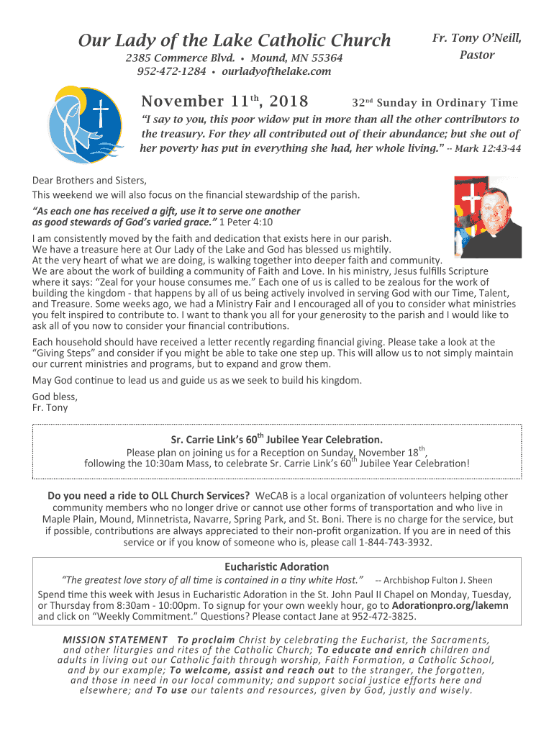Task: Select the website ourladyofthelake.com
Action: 276,71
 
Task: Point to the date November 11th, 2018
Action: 224,101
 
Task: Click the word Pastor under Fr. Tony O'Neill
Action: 476,55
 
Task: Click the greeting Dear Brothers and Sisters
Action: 90,181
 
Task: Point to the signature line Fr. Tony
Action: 50,407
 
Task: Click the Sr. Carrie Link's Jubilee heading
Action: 276,438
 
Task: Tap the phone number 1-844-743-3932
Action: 396,542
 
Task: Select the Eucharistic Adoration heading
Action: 277,566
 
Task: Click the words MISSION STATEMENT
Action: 115,640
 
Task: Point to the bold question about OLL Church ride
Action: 149,496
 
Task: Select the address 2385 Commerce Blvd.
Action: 180,58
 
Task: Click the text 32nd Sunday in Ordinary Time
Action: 435,103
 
